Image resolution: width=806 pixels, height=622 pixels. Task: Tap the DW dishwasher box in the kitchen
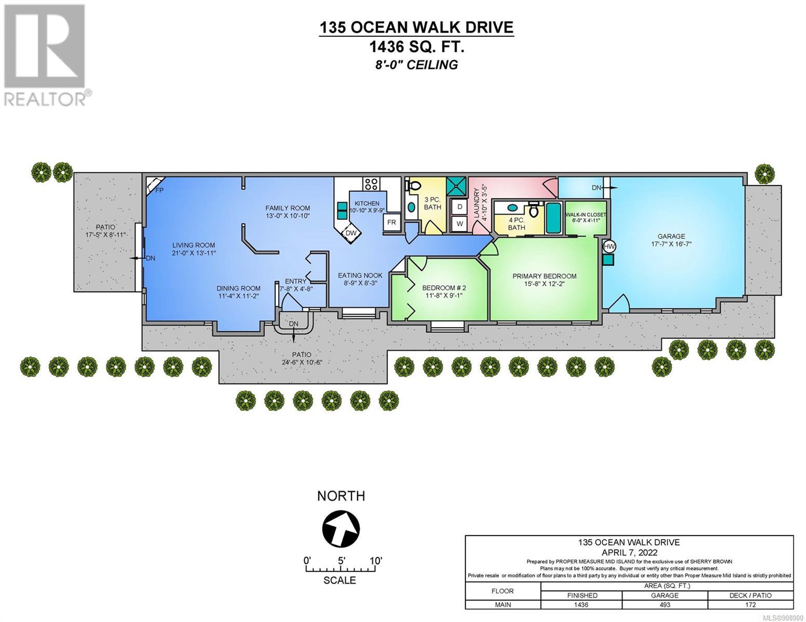pos(351,233)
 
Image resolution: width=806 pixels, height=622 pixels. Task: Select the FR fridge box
pos(391,222)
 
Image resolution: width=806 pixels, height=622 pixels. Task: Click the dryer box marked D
pos(459,207)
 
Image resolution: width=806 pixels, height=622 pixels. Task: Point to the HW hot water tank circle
pos(609,246)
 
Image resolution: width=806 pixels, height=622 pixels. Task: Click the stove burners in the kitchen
pos(371,184)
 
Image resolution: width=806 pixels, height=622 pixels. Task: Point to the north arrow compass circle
pos(341,529)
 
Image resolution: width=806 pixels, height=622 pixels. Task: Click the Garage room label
pos(672,236)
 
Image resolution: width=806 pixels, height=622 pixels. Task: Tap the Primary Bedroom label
pos(544,276)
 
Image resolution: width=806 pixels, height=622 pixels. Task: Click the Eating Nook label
pos(360,275)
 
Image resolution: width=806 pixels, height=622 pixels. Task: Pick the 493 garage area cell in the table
pos(665,604)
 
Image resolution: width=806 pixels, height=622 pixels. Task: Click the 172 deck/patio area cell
pos(750,604)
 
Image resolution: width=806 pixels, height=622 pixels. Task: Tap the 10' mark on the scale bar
pos(376,560)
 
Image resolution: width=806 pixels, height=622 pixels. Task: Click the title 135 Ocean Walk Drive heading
pos(416,27)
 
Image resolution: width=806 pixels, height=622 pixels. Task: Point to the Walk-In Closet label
pos(585,215)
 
